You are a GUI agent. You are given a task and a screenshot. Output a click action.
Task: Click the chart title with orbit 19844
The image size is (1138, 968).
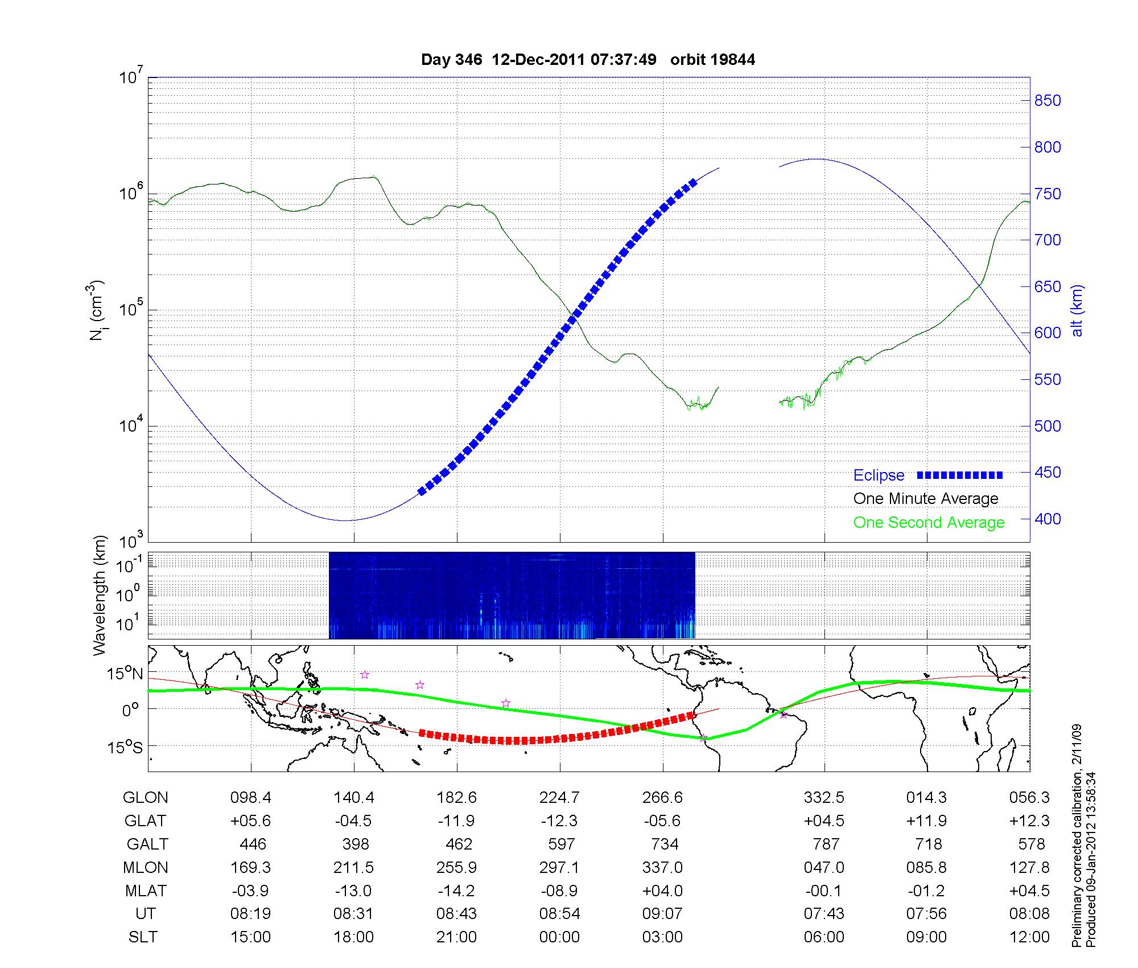coord(588,60)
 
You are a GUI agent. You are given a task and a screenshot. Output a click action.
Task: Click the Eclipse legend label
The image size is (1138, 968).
coord(879,475)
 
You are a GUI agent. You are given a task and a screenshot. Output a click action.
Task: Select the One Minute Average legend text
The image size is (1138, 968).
coord(926,499)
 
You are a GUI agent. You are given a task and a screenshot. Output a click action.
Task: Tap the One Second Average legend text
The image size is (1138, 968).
coord(929,523)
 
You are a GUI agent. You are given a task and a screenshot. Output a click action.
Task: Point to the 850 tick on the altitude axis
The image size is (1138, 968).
coord(1048,101)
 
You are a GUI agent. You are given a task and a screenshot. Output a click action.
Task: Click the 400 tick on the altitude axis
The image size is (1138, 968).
coord(1048,519)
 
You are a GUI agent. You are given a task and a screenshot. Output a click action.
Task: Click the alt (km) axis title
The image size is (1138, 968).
coord(1077,310)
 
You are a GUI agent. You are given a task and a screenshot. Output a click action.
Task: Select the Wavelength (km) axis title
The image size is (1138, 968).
coord(100,595)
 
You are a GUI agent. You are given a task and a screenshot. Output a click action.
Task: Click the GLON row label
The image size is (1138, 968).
coord(145,798)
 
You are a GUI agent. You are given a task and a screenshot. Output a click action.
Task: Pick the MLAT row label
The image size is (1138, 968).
coord(146,891)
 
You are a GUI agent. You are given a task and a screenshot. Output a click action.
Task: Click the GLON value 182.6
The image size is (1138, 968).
coord(456,798)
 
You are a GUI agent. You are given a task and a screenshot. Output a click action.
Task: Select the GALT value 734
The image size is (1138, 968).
coord(664,844)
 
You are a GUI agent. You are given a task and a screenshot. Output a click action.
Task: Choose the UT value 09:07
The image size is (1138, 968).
coord(662,914)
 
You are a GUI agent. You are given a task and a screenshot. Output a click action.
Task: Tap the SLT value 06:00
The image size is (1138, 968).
coord(824,937)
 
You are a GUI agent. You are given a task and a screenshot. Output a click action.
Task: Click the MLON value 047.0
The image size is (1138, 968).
coord(824,868)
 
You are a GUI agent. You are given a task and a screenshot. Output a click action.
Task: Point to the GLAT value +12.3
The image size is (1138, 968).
coord(1029,821)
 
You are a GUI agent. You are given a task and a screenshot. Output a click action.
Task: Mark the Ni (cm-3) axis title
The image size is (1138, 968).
coord(97,310)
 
